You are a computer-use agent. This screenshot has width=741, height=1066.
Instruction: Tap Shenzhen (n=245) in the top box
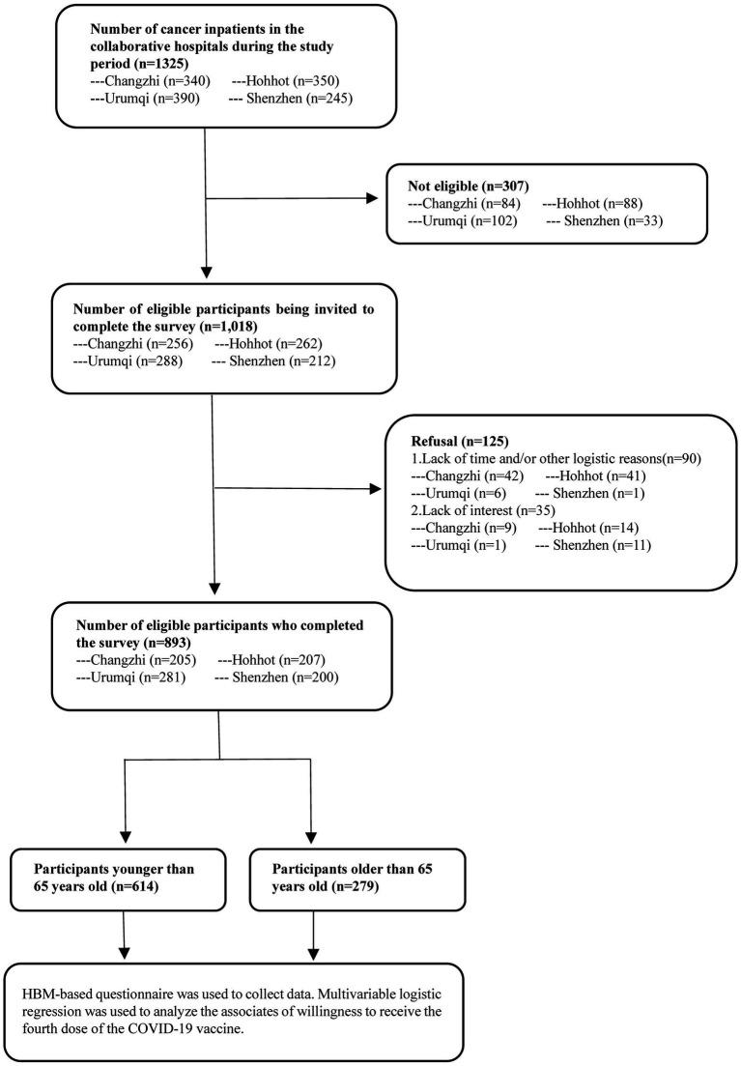(294, 100)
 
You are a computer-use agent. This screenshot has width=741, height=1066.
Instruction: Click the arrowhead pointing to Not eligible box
(371, 200)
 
